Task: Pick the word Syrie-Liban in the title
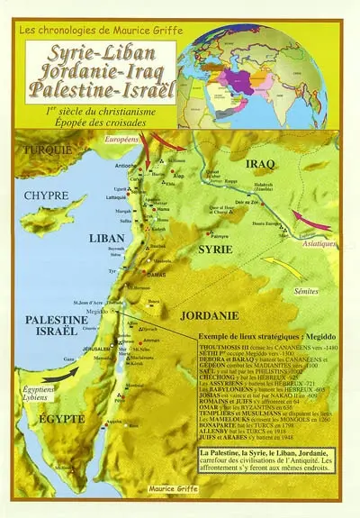[98, 51]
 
